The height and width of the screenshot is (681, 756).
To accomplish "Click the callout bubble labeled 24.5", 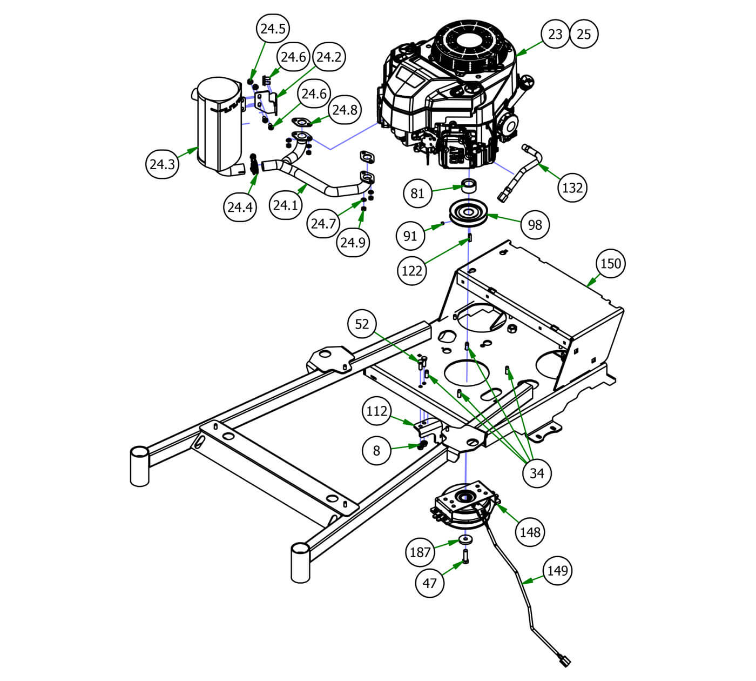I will (273, 29).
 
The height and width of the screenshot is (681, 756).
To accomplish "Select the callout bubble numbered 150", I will (611, 264).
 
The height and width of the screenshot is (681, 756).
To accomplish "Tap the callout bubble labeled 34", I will (537, 473).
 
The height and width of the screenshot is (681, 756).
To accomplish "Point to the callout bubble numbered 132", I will (572, 188).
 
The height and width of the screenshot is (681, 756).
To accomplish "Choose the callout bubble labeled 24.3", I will (162, 164).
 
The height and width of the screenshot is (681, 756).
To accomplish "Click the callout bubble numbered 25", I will (584, 34).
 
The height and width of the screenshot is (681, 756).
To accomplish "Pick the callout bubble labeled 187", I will (420, 552).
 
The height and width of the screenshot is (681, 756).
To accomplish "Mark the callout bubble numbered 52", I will (362, 324).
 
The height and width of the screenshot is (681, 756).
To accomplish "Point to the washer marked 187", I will (465, 539).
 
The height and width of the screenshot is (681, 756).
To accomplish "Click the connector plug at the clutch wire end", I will (563, 660).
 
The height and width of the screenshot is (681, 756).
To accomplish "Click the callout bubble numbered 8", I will (376, 450).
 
